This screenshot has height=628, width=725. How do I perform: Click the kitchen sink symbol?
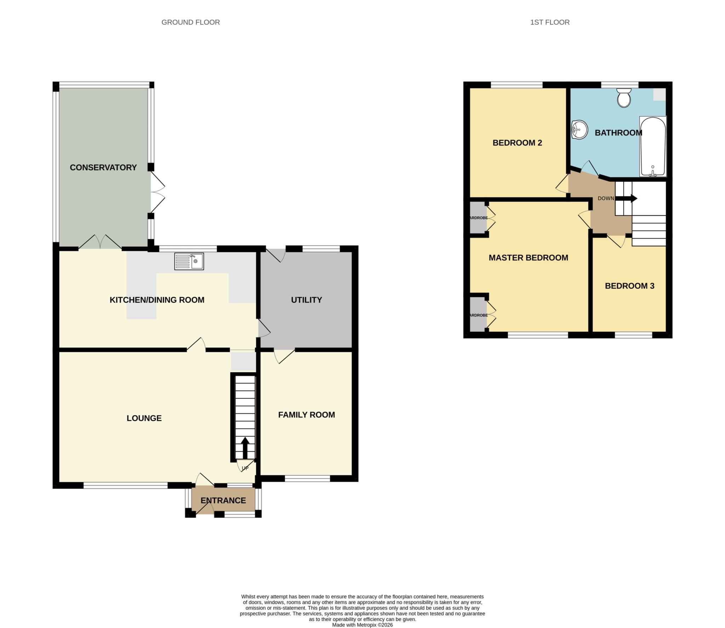click(x=189, y=261)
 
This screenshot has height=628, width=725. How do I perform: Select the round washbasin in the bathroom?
click(x=580, y=130)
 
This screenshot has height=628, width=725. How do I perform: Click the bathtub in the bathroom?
click(x=653, y=146)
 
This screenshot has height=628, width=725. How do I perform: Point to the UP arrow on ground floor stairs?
click(x=245, y=447)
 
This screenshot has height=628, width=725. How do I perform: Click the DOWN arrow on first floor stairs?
click(x=626, y=199)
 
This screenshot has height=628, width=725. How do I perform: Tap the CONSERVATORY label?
click(x=103, y=167)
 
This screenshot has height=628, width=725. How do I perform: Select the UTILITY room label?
click(x=306, y=300)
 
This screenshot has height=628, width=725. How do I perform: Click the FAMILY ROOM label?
click(x=306, y=415)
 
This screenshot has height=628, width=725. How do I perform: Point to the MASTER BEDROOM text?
click(x=528, y=258)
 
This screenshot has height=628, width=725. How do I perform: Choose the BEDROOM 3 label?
click(x=629, y=286)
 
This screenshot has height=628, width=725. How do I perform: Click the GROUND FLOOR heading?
click(x=190, y=22)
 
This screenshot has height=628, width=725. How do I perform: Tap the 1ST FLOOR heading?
click(x=549, y=22)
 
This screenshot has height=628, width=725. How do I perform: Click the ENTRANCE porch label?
click(x=223, y=500)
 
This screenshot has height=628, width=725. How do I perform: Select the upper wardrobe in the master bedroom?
click(x=478, y=218)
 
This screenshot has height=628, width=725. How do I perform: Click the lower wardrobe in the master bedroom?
click(x=478, y=315)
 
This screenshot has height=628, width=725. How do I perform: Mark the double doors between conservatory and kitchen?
click(x=100, y=242)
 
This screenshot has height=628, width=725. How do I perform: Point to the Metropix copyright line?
click(x=362, y=625)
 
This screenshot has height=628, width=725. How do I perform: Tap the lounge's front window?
click(x=125, y=485)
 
